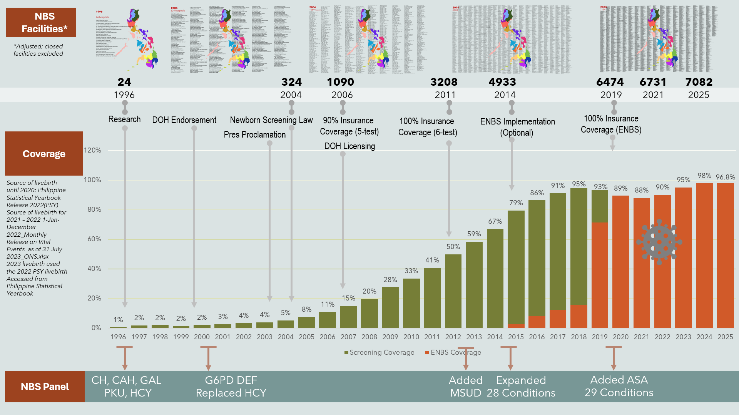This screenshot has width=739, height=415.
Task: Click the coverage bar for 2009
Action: click(390, 307)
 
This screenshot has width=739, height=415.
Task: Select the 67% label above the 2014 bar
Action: click(495, 221)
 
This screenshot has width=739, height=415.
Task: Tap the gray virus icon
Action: click(659, 242)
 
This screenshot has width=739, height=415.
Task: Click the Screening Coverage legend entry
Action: click(380, 352)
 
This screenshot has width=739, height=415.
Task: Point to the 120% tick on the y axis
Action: click(92, 150)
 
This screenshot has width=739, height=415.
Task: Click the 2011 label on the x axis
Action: click(432, 337)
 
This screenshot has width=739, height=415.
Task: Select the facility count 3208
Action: click(444, 82)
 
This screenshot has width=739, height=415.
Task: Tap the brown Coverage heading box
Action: click(44, 154)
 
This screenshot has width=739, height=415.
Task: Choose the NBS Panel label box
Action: click(45, 387)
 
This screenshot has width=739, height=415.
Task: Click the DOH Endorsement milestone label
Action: click(184, 120)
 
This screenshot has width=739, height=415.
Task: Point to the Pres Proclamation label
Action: click(255, 134)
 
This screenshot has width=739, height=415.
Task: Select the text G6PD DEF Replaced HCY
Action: click(231, 387)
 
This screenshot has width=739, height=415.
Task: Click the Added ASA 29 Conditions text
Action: click(619, 386)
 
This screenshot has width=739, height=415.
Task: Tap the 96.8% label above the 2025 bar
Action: click(725, 177)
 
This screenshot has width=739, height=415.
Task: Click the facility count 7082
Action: click(699, 82)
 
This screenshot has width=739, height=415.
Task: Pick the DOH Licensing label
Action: click(349, 146)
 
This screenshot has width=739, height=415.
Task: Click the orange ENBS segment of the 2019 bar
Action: click(600, 275)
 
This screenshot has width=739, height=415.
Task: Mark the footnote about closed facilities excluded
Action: click(38, 50)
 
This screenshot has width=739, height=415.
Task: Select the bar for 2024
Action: click(704, 256)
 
